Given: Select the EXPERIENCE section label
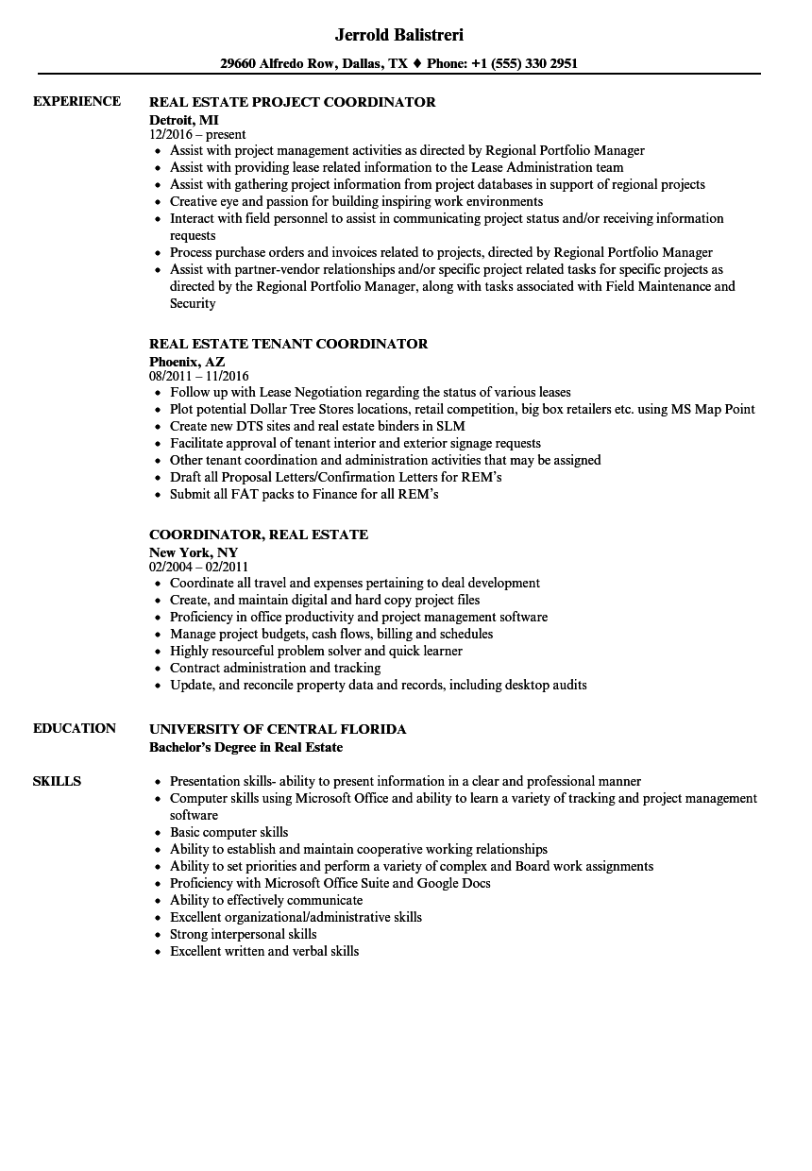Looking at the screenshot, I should pos(76,101).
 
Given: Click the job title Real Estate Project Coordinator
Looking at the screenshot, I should pos(293,102).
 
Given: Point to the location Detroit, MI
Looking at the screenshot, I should pos(184,119).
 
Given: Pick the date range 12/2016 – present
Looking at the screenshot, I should pos(197,135).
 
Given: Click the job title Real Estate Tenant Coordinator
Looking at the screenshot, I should pos(289,344).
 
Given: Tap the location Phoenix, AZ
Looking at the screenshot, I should pos(187,361).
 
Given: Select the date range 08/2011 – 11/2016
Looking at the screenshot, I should pos(199,377).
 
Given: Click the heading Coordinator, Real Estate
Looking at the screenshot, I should pos(259,535).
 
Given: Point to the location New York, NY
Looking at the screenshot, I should pos(194,552).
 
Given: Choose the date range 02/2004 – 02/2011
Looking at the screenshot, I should pos(199,568).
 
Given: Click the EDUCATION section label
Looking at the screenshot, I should pos(75,728).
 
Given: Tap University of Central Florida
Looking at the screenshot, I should pos(278,729).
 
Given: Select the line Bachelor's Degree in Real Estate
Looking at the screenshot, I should pos(245,747).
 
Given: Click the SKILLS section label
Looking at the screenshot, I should pos(57,781).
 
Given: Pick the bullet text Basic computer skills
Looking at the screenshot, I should pos(228,832).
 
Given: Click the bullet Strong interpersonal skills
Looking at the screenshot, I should pos(243,934).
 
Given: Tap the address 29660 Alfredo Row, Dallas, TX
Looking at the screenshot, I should pos(313,64).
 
